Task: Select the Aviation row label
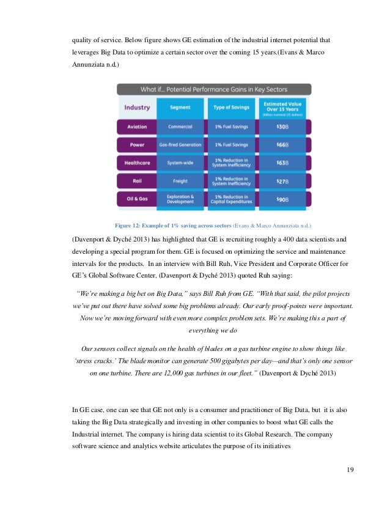(137, 127)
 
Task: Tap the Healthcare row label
(137, 163)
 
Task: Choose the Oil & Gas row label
(137, 199)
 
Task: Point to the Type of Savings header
(230, 108)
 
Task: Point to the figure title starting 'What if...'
(213, 89)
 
